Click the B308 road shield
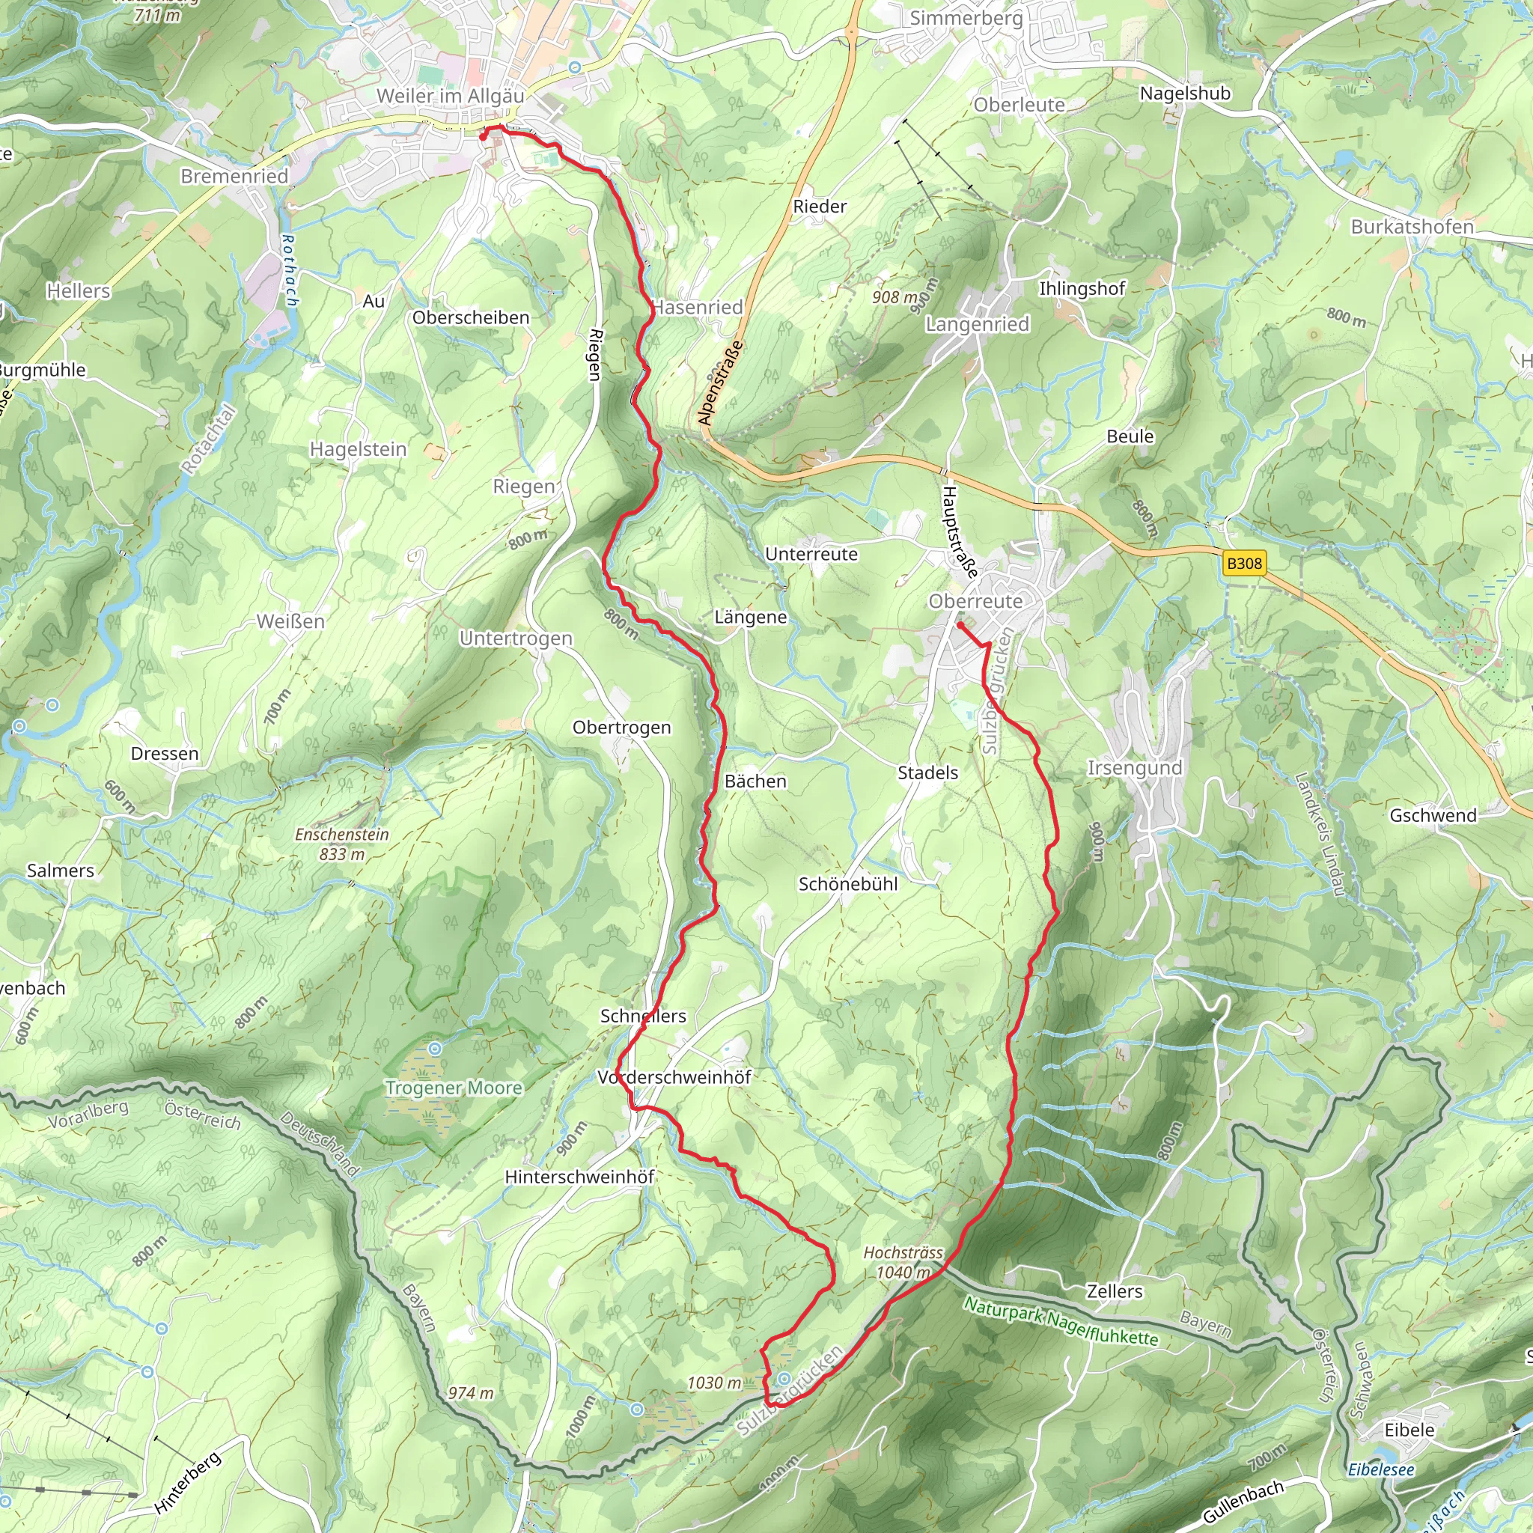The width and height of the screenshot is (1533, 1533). [1243, 564]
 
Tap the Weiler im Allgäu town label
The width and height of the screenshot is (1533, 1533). [450, 96]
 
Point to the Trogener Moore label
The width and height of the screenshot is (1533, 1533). [453, 1087]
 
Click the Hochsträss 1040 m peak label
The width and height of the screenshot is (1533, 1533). [903, 1261]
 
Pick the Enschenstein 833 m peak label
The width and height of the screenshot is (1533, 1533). [342, 844]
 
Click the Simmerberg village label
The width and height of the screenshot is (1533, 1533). [966, 17]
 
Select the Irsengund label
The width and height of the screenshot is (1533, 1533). [1134, 767]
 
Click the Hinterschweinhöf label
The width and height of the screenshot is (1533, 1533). [579, 1177]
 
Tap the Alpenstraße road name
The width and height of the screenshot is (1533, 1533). [721, 383]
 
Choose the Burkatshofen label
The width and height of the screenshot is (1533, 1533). [1412, 226]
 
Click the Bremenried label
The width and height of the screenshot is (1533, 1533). [234, 175]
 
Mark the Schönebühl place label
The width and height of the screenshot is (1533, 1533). [847, 884]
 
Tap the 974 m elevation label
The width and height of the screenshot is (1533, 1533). [471, 1392]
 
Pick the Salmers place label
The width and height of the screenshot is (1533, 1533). [61, 871]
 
